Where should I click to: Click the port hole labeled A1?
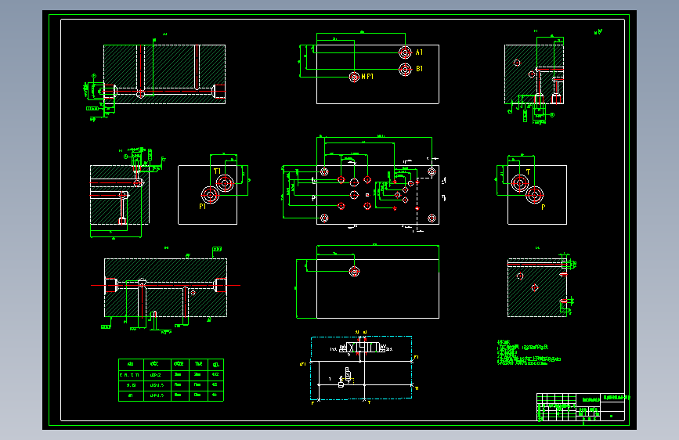point(404,52)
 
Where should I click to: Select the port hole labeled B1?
point(404,70)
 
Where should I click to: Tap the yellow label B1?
point(420,70)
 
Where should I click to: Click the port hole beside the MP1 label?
point(354,76)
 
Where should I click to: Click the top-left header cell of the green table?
point(130,364)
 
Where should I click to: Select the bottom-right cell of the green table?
point(216,396)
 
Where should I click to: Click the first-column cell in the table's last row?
point(130,396)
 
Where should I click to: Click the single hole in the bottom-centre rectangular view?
point(355,272)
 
